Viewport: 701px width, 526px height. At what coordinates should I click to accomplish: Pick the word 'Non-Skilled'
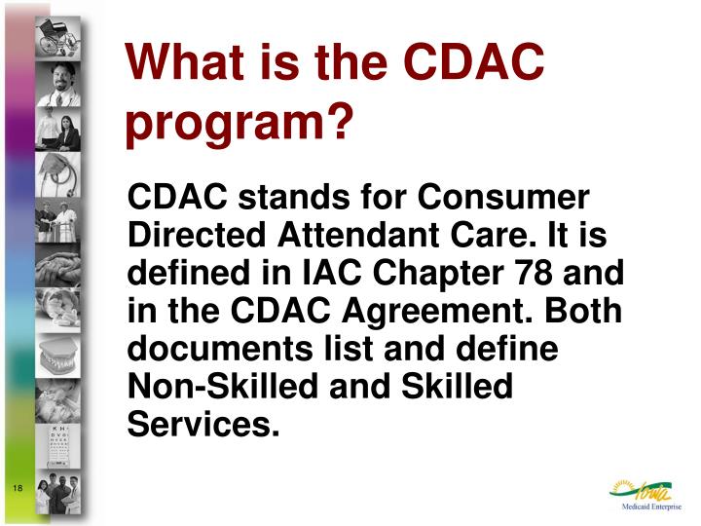point(214,387)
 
